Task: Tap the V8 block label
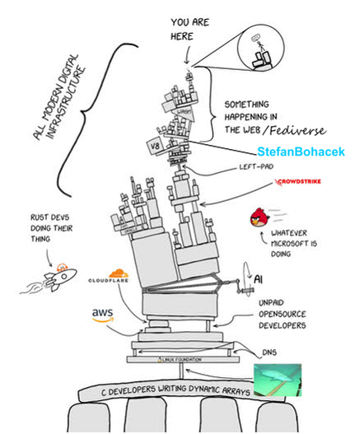pyautogui.click(x=153, y=147)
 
